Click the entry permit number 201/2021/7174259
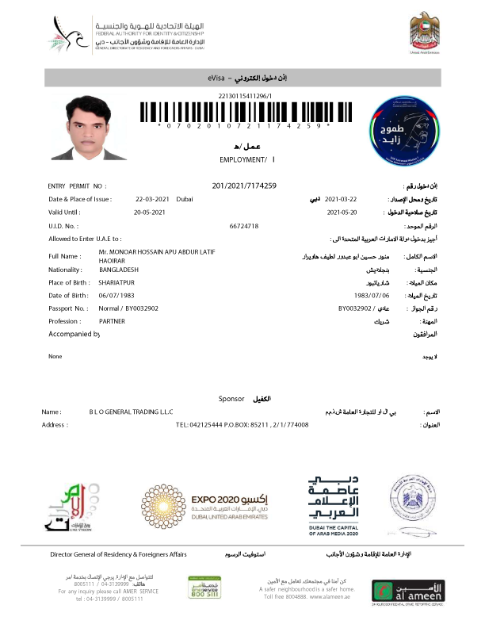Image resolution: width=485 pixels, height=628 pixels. pos(244,186)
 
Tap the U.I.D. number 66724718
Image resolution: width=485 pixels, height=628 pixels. pos(244,226)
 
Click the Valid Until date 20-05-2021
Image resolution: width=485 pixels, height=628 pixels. pos(149,213)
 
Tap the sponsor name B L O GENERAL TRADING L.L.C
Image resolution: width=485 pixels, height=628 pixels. pos(132,412)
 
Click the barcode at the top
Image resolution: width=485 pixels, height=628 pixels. pos(243,111)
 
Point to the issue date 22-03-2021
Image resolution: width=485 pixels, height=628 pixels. pos(151,199)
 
